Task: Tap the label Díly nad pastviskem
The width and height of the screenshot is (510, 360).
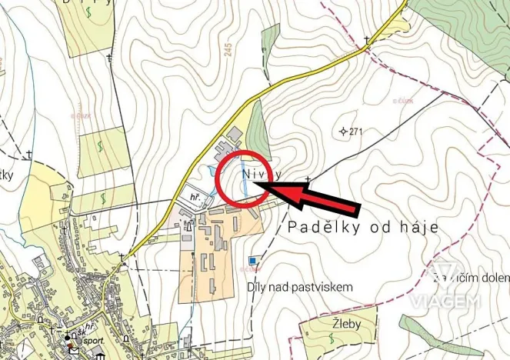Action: [x=299, y=286]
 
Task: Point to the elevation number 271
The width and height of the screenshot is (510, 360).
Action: [x=355, y=132]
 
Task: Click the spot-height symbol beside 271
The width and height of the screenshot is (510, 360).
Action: [x=342, y=132]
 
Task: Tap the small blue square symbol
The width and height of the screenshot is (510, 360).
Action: [x=254, y=261]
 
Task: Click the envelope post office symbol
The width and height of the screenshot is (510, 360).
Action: [x=75, y=351]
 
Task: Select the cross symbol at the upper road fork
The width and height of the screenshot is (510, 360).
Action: [x=367, y=40]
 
